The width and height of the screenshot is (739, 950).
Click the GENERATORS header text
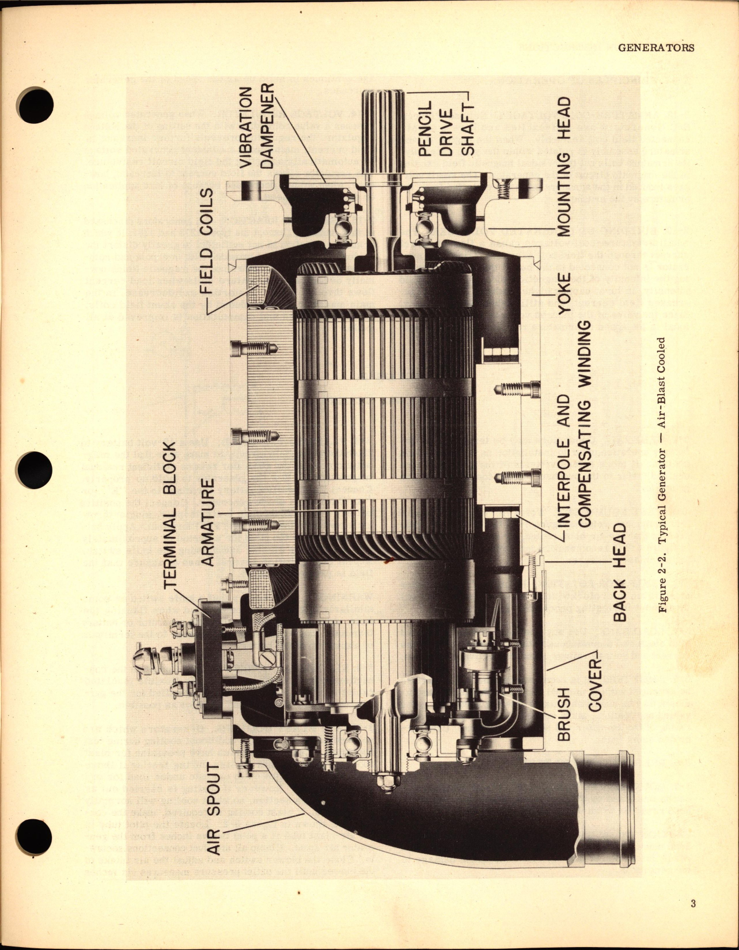[x=656, y=48]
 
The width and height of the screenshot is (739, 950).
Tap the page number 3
[x=693, y=903]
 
